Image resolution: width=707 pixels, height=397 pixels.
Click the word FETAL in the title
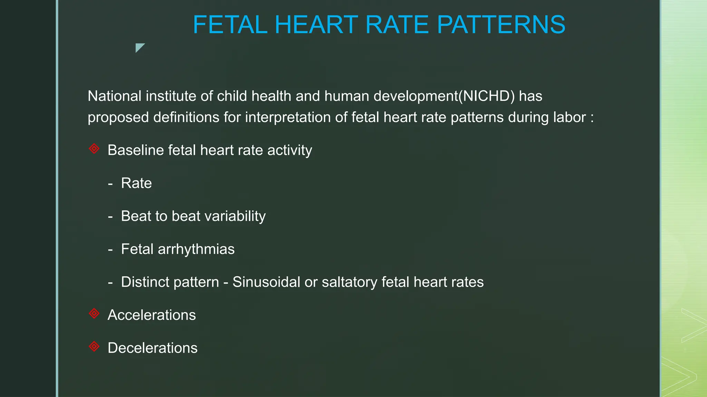[x=230, y=25]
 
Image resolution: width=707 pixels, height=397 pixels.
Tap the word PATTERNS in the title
[x=501, y=25]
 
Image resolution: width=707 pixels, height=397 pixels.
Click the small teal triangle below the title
[x=139, y=47]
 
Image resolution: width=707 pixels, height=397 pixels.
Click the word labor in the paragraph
[x=570, y=118]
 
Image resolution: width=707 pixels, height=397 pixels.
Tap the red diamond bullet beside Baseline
[x=94, y=149]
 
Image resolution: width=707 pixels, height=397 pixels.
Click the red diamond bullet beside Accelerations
[x=94, y=314]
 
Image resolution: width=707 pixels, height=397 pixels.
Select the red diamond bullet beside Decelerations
[x=94, y=346]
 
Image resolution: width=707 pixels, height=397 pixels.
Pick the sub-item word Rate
[x=136, y=183]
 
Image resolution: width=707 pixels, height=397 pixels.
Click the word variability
[x=235, y=216]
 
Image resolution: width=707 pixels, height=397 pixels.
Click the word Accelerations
[x=152, y=315]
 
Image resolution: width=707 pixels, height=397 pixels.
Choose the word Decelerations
[x=153, y=348]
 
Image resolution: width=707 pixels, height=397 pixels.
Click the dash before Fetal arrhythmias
[x=110, y=250]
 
